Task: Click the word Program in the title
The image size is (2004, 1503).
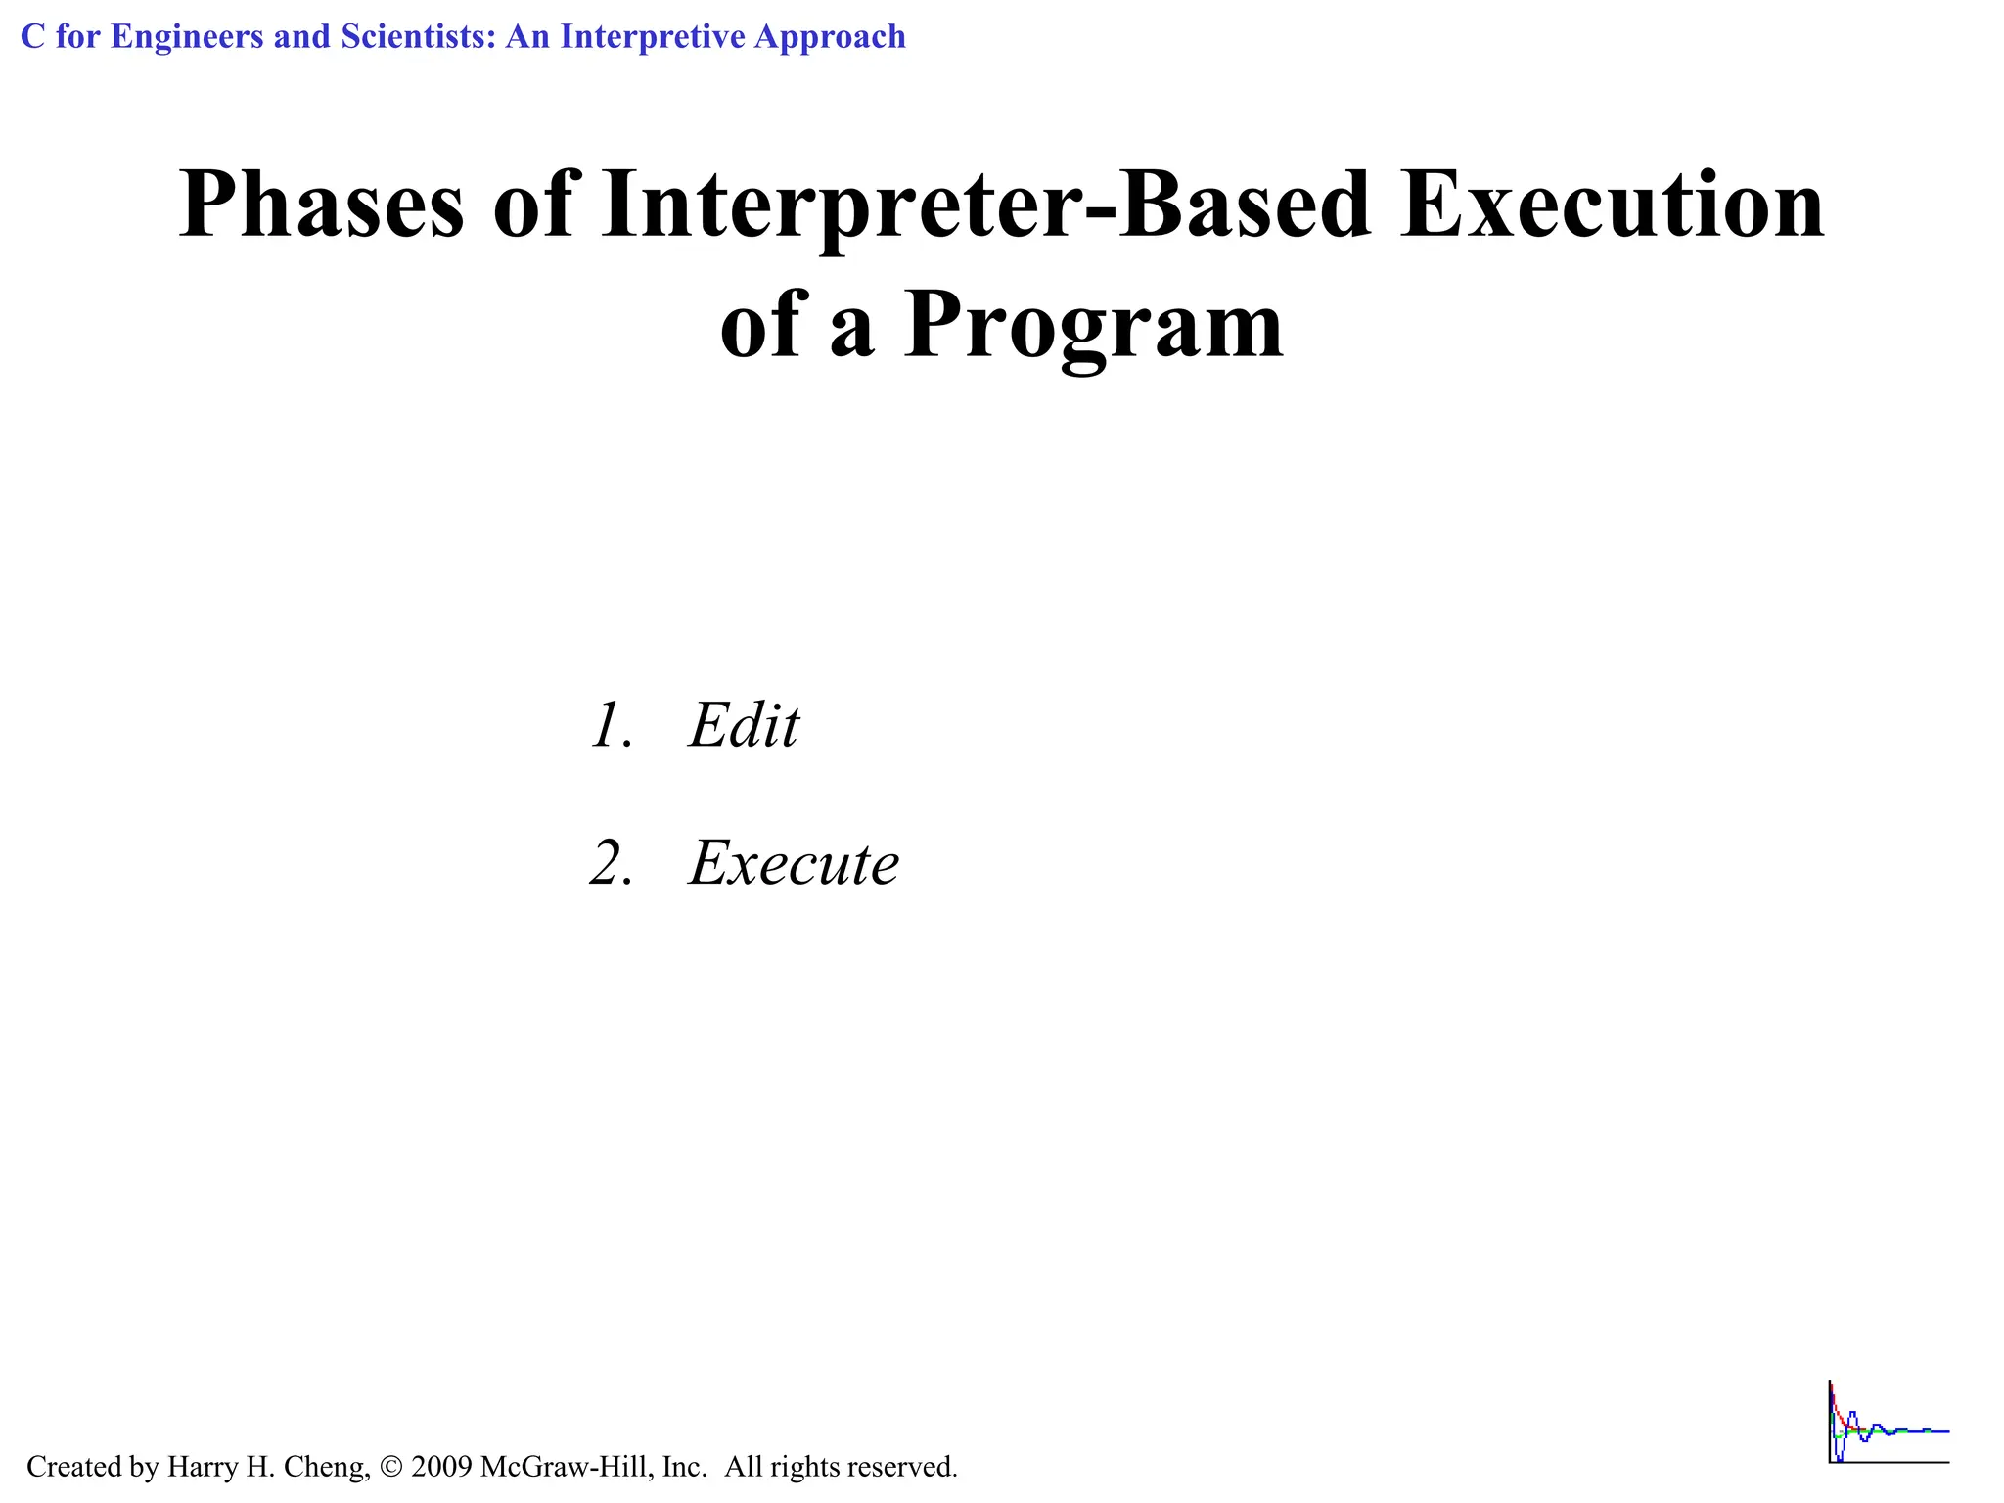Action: [1093, 325]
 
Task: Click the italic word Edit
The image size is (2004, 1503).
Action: [744, 726]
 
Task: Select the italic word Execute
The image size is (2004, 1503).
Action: [794, 863]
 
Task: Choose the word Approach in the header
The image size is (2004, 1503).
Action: [831, 37]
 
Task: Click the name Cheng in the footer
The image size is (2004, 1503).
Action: [326, 1467]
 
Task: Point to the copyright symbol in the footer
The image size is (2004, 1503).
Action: [391, 1467]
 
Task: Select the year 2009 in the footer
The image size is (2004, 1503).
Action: [441, 1467]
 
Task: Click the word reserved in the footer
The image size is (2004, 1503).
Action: [901, 1467]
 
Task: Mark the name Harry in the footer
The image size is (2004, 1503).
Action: [199, 1467]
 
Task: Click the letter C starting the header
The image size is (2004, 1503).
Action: [32, 37]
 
